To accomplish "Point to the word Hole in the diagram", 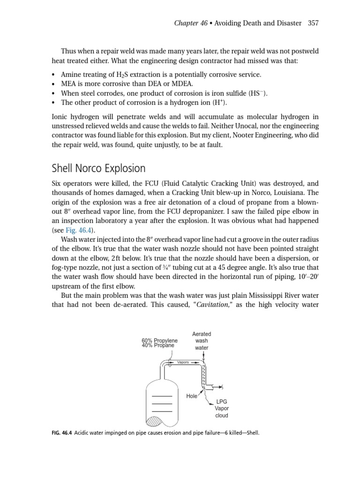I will tap(192, 396).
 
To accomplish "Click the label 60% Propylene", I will tap(160, 340).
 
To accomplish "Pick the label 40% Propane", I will tap(158, 345).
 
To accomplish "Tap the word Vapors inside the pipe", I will tap(183, 362).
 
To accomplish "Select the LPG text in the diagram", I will tap(222, 402).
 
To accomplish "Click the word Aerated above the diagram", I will tap(202, 334).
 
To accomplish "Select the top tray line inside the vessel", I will tap(162, 396).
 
